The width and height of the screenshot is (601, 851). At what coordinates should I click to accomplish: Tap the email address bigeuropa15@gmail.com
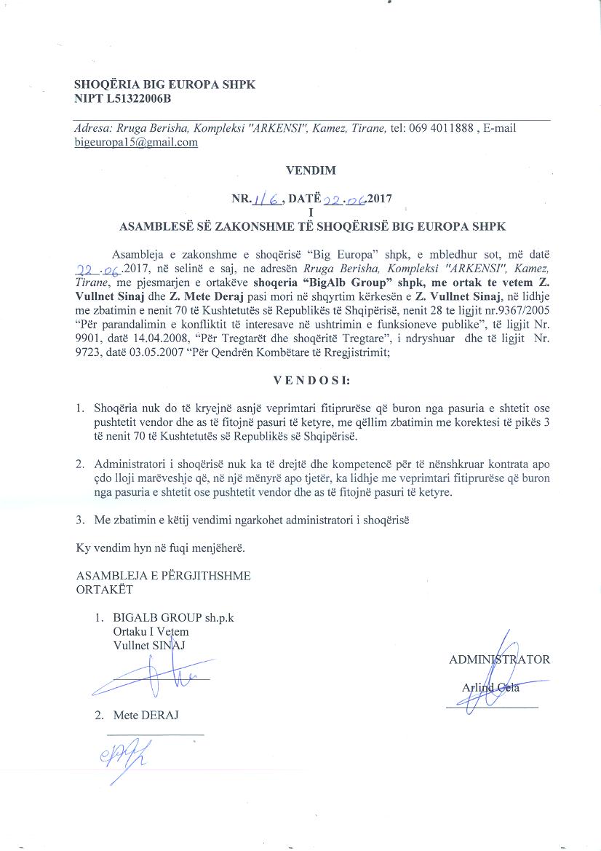pyautogui.click(x=136, y=142)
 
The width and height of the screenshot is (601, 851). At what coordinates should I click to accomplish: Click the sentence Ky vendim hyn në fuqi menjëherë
pyautogui.click(x=162, y=547)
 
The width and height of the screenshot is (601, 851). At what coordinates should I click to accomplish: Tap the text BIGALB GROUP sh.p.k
pyautogui.click(x=173, y=617)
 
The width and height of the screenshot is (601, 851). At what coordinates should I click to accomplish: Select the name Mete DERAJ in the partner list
pyautogui.click(x=146, y=715)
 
